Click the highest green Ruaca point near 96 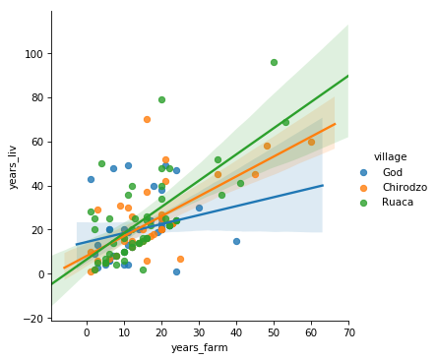274,62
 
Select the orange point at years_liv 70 147,120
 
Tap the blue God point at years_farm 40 236,241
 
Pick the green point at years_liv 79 161,99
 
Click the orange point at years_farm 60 311,142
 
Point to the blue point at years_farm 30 199,208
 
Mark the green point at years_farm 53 285,122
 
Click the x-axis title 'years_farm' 200,347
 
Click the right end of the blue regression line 323,185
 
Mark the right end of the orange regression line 335,124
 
